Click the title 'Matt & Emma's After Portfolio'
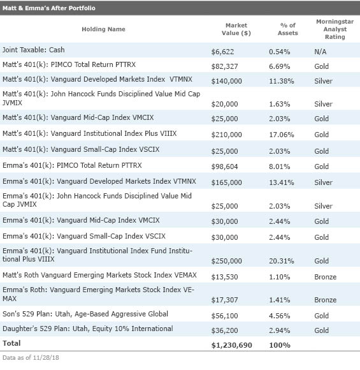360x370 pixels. pos(49,8)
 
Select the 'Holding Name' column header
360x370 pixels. pos(103,29)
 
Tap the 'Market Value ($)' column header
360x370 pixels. pos(236,29)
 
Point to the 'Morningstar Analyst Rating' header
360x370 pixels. pos(335,29)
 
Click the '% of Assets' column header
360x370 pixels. pos(287,29)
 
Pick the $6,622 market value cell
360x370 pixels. pos(222,52)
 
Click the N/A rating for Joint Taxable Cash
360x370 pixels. pos(320,52)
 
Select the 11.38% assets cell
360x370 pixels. pos(282,81)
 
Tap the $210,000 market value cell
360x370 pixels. pos(227,135)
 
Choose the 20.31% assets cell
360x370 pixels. pos(282,261)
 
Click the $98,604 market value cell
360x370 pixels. pos(224,166)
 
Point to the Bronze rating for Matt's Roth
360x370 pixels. pos(326,277)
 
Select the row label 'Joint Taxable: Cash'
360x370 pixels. pos(34,50)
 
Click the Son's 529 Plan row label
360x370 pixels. pos(85,314)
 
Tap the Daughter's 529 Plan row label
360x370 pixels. pos(88,329)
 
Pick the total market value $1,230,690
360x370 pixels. pos(231,345)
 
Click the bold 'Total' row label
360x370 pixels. pos(11,343)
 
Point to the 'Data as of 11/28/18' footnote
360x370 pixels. pos(31,358)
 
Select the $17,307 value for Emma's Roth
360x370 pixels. pos(224,300)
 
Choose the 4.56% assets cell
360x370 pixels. pos(280,316)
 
